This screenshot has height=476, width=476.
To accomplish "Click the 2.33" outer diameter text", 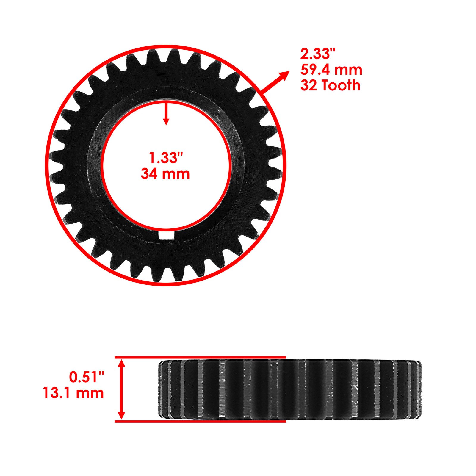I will click(317, 54).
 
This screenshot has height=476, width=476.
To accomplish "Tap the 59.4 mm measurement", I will click(331, 70).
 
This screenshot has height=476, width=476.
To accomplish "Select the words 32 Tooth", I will click(330, 85).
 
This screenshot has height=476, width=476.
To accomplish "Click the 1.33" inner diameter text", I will click(165, 158).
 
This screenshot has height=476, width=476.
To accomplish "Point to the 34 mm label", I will click(165, 174).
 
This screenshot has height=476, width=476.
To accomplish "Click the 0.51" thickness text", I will click(87, 377).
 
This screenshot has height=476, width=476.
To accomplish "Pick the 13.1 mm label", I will click(73, 393).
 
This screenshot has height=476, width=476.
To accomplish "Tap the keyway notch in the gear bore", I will click(166, 235).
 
